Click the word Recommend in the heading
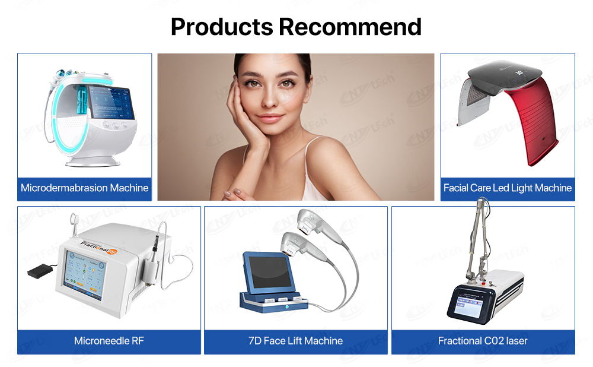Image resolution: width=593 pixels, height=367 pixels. point(350,27)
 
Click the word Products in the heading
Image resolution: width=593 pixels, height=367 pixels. point(222,27)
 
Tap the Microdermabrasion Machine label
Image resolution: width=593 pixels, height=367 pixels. point(84,188)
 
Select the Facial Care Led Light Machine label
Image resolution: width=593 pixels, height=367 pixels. point(508,188)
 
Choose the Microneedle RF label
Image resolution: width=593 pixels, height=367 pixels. point(109,341)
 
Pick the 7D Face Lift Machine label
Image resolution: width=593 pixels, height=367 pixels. point(295,341)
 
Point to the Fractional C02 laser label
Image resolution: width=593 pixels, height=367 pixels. point(483,341)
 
